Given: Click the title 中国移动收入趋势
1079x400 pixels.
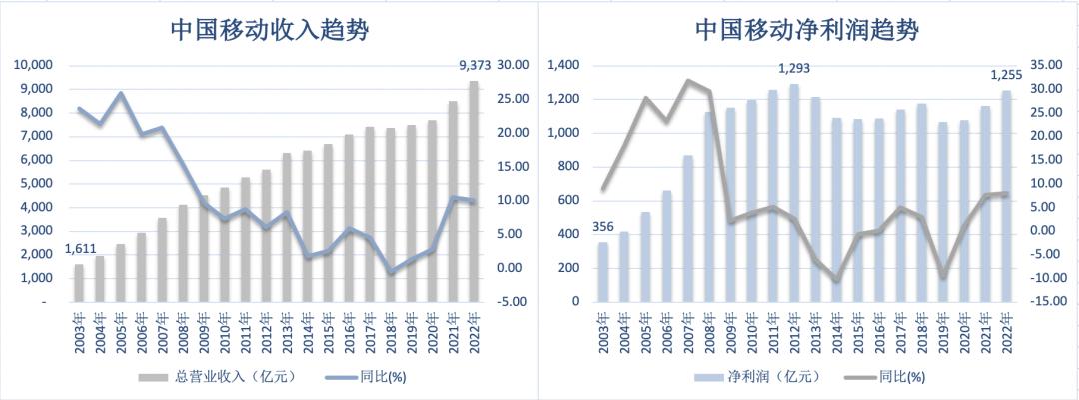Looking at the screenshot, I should tap(269, 30).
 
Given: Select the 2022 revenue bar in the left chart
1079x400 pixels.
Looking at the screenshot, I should tap(474, 190).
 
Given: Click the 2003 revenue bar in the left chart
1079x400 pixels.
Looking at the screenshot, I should tap(80, 282).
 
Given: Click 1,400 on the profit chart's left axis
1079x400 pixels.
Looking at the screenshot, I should tap(565, 66).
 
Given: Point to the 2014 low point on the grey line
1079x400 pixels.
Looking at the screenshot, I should tap(837, 280).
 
